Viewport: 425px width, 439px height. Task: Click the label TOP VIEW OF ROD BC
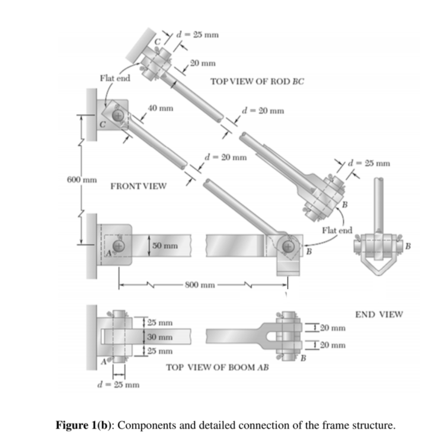pyautogui.click(x=257, y=82)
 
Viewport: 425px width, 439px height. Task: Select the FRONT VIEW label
pyautogui.click(x=138, y=186)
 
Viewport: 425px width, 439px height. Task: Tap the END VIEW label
pyautogui.click(x=378, y=314)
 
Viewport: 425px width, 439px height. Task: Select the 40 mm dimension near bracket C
pyautogui.click(x=161, y=108)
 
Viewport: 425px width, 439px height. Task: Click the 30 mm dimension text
pyautogui.click(x=160, y=337)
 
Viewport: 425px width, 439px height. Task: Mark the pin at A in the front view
pyautogui.click(x=119, y=245)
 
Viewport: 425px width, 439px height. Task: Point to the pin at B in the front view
pyautogui.click(x=289, y=245)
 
